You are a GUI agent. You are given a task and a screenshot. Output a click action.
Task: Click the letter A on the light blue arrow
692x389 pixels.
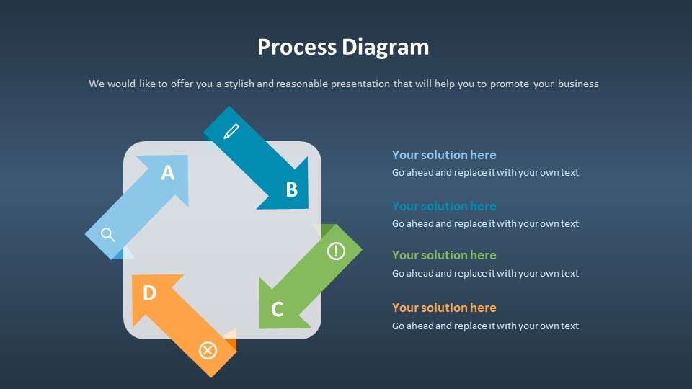pyautogui.click(x=168, y=172)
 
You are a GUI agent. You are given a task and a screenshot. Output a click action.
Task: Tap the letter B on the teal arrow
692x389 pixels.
pyautogui.click(x=292, y=189)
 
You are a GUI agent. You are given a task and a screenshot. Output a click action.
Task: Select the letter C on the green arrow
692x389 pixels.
pyautogui.click(x=277, y=309)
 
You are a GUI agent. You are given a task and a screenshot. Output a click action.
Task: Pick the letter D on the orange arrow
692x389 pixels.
pyautogui.click(x=150, y=292)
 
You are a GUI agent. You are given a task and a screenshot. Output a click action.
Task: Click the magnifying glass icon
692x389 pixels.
pyautogui.click(x=107, y=235)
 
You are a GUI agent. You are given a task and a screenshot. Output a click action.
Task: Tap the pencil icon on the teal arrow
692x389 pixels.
pyautogui.click(x=231, y=131)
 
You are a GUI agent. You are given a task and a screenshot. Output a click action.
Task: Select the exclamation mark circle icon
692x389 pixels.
pyautogui.click(x=337, y=251)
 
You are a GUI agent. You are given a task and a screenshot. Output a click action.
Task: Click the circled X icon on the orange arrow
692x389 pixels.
pyautogui.click(x=208, y=351)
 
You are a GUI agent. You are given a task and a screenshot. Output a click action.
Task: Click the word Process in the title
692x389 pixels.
pyautogui.click(x=297, y=47)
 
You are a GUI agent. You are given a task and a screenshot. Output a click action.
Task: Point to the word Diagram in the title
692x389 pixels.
pyautogui.click(x=386, y=48)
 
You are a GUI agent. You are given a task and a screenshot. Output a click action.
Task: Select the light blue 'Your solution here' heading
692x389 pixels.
pyautogui.click(x=444, y=155)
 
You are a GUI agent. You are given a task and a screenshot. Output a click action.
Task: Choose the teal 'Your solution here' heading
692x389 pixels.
pyautogui.click(x=444, y=206)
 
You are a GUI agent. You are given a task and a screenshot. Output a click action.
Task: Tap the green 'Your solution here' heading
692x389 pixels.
pyautogui.click(x=444, y=255)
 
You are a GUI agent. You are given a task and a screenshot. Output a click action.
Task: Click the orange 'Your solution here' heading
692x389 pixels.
pyautogui.click(x=444, y=308)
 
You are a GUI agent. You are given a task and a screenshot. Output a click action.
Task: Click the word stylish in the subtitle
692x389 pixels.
pyautogui.click(x=239, y=84)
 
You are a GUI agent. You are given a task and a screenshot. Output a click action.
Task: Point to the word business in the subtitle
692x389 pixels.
pyautogui.click(x=578, y=84)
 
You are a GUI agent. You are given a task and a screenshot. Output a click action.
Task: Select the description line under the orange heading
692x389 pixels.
pyautogui.click(x=485, y=326)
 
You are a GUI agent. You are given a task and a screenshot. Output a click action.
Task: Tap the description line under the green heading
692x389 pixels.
pyautogui.click(x=485, y=274)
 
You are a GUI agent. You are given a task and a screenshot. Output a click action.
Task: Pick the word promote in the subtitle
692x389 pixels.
pyautogui.click(x=510, y=84)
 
